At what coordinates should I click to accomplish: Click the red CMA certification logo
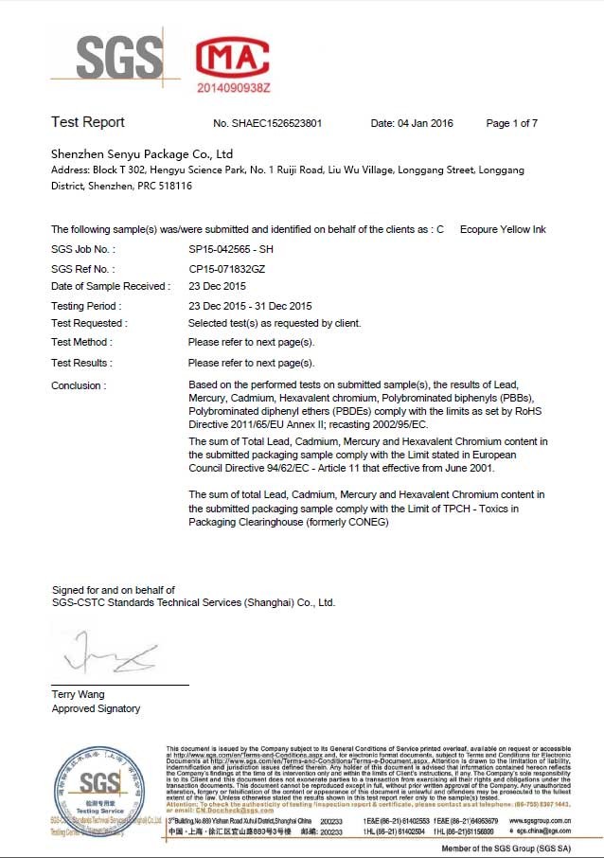pyautogui.click(x=234, y=58)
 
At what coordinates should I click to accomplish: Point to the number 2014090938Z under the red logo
pyautogui.click(x=234, y=86)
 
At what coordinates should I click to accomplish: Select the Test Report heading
pyautogui.click(x=88, y=122)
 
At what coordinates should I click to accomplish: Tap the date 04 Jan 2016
pyautogui.click(x=412, y=124)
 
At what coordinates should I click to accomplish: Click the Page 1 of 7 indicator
pyautogui.click(x=511, y=124)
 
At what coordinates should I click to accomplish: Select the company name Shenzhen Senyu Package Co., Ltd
pyautogui.click(x=142, y=153)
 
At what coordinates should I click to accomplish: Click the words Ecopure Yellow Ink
pyautogui.click(x=503, y=230)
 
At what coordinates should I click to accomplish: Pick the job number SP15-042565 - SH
pyautogui.click(x=231, y=249)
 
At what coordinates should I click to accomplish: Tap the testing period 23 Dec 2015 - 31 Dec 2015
pyautogui.click(x=250, y=306)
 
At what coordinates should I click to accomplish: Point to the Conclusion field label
pyautogui.click(x=79, y=385)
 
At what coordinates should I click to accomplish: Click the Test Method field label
pyautogui.click(x=81, y=342)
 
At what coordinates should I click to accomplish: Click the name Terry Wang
pyautogui.click(x=79, y=694)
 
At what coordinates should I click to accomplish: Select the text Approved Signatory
pyautogui.click(x=96, y=708)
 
